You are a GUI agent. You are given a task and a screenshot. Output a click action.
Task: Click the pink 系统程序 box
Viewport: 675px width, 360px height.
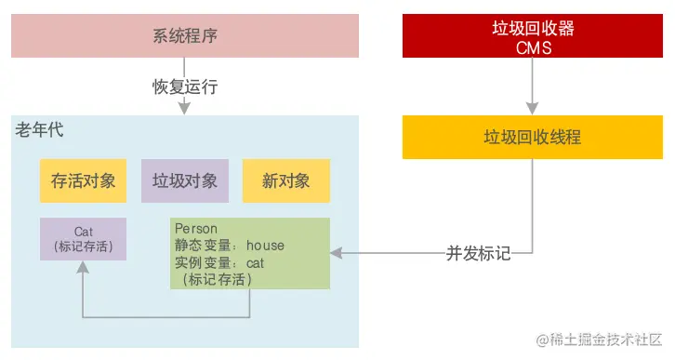(x=184, y=37)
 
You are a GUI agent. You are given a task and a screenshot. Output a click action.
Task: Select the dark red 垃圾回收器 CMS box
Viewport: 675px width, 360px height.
(x=532, y=37)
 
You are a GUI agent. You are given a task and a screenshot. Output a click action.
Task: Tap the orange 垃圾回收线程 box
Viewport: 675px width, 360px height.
(x=532, y=137)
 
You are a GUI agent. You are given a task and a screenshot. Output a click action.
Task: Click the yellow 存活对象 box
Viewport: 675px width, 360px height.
(x=83, y=180)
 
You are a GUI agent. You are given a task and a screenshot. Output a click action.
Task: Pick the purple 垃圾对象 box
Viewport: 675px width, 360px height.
(x=184, y=180)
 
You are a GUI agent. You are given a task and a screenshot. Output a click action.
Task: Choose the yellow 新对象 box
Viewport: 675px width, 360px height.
(x=285, y=180)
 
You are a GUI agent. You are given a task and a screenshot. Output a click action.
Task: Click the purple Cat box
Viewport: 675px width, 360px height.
(x=83, y=239)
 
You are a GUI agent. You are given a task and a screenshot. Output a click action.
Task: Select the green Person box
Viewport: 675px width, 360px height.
(x=251, y=253)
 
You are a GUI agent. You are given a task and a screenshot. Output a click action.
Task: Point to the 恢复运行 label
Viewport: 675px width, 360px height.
(x=184, y=87)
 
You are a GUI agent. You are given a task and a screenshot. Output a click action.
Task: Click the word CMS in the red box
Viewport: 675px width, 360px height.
(x=532, y=47)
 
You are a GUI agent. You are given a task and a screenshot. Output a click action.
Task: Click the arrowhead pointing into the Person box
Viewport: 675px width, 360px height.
(x=337, y=252)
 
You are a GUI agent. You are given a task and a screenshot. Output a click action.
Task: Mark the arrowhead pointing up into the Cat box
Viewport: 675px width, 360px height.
(x=83, y=267)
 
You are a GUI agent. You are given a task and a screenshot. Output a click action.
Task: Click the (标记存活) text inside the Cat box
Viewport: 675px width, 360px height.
(x=83, y=247)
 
